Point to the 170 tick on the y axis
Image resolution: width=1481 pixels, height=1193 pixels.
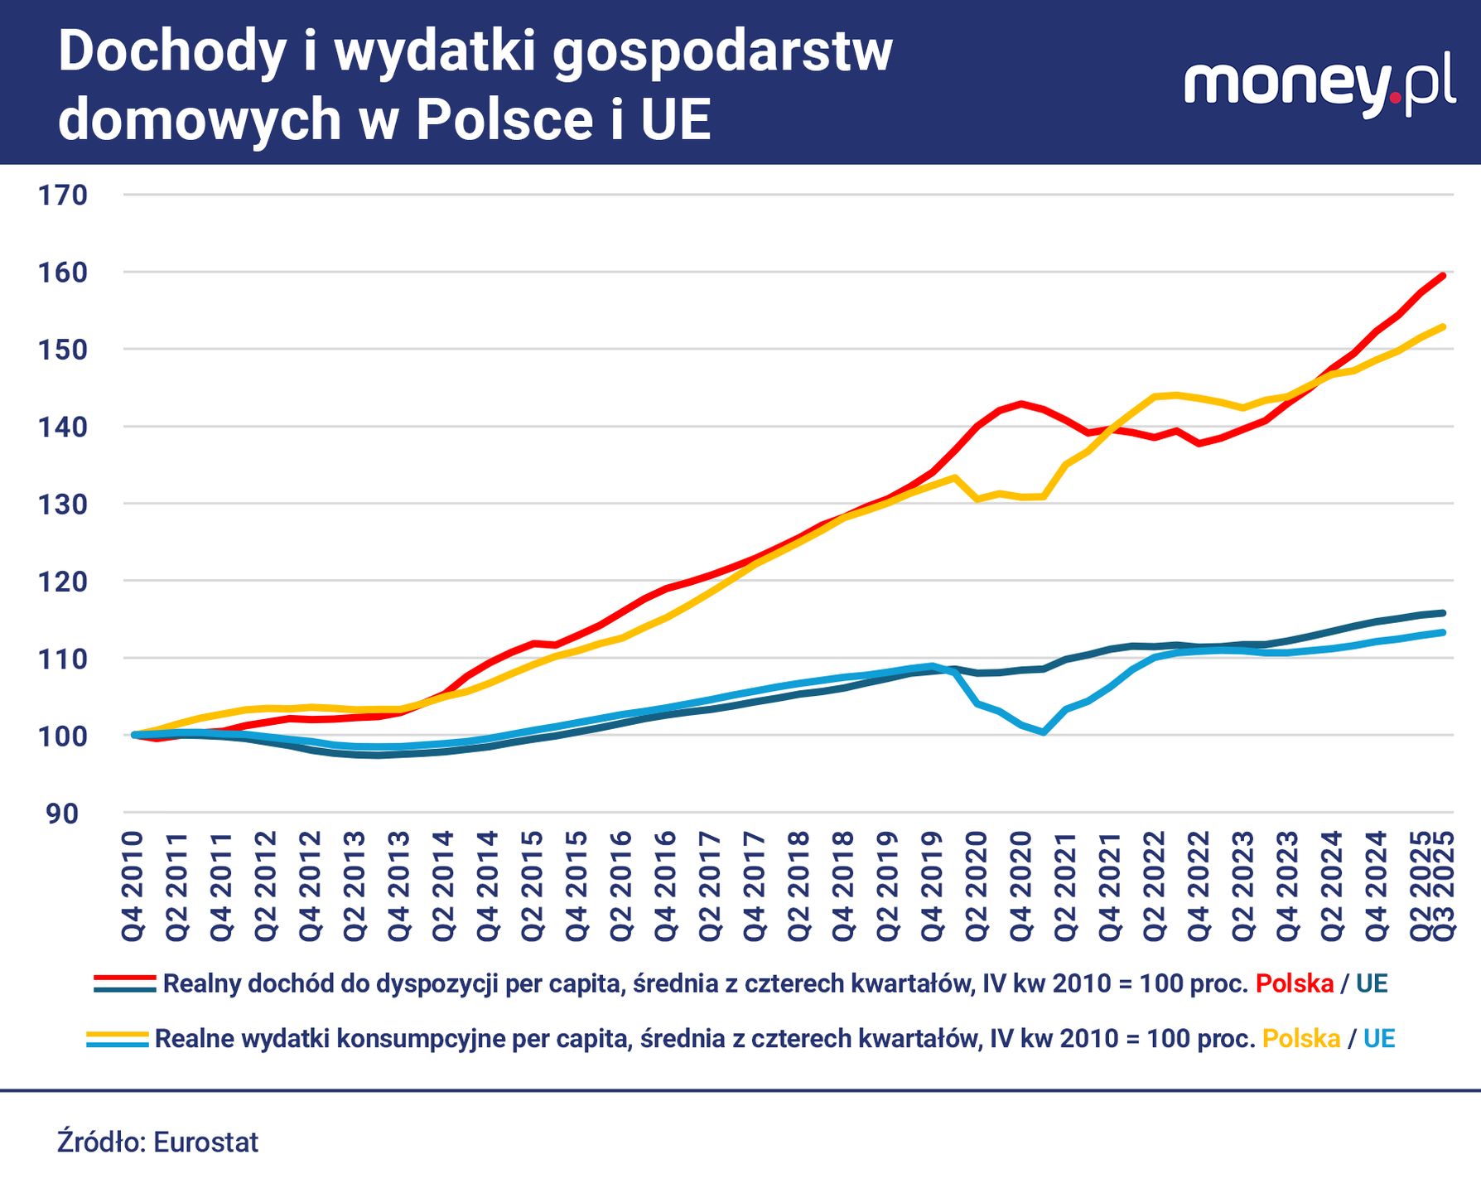click(63, 196)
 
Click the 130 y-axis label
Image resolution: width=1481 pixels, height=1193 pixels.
click(63, 505)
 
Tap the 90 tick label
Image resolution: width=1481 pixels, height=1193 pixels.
click(63, 814)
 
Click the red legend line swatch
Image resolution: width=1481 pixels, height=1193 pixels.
click(125, 978)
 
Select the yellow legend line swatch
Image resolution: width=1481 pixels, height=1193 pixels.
click(118, 1034)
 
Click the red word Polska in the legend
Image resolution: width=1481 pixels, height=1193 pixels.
click(1295, 984)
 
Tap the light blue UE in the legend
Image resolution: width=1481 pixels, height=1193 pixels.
click(1379, 1039)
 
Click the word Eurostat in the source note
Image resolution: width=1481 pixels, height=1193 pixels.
click(206, 1142)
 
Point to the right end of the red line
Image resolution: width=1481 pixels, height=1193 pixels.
click(1444, 276)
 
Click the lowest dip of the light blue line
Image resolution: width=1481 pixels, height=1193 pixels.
click(1044, 732)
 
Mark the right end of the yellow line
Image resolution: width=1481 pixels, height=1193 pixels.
click(1444, 326)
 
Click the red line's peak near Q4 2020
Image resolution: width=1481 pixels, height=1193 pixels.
click(1021, 403)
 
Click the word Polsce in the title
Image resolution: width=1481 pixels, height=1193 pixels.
click(504, 119)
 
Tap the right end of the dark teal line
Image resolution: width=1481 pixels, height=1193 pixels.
click(1444, 613)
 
